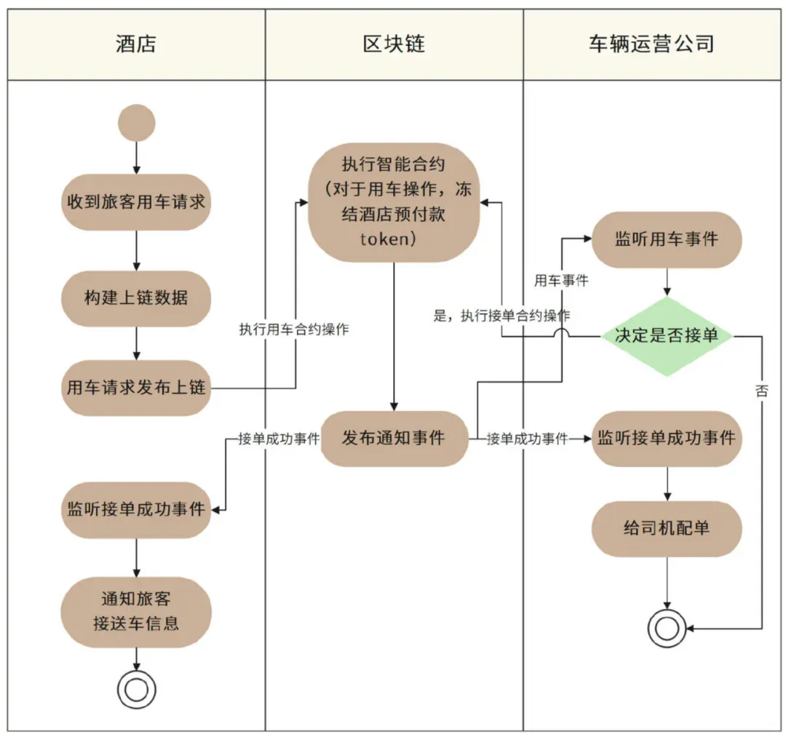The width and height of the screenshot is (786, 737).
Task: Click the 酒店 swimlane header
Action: point(136,44)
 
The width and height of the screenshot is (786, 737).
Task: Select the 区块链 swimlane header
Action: point(394,44)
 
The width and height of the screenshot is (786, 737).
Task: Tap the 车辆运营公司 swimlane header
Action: point(651,44)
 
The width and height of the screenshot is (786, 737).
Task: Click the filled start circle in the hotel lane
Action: point(136,122)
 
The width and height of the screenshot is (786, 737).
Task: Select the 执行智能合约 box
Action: point(394,202)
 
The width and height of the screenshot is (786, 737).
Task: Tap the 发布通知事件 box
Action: point(394,438)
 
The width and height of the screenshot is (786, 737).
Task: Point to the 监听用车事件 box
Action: point(667,239)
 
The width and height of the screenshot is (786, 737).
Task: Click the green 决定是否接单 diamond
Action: point(667,335)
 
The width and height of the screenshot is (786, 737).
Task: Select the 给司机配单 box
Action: point(667,528)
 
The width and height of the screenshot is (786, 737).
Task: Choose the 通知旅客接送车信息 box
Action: point(136,612)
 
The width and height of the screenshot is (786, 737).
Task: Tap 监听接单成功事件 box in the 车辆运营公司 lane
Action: point(667,438)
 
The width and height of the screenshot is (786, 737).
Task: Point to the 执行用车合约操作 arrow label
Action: point(294,330)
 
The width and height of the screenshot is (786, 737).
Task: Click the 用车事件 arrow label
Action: point(561,280)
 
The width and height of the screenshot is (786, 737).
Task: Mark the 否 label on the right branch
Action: point(762,391)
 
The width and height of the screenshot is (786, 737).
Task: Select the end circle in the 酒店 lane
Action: point(136,688)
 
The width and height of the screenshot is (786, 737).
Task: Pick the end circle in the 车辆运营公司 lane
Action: point(667,628)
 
